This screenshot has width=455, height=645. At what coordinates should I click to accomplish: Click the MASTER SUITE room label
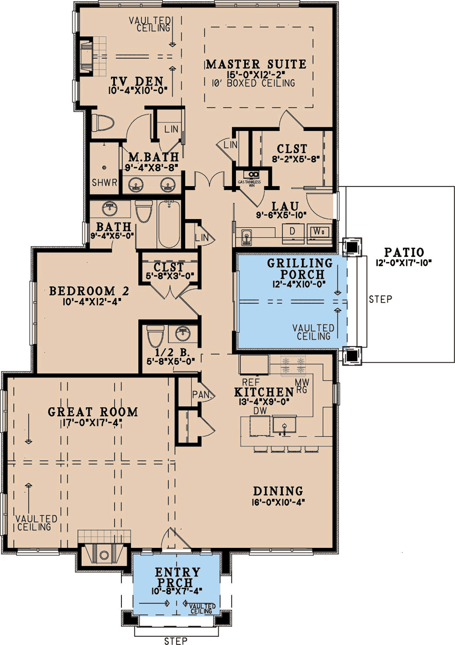(x=256, y=64)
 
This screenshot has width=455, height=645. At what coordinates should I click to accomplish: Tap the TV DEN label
(x=137, y=81)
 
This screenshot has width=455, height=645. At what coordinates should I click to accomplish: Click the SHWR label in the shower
(x=104, y=182)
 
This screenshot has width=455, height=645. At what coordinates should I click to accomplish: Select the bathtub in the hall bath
(x=169, y=224)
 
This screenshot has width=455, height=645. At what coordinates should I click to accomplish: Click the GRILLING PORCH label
(x=300, y=268)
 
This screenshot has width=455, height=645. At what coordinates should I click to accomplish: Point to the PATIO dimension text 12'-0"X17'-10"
(x=403, y=263)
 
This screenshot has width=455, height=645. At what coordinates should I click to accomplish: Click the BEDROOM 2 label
(x=89, y=291)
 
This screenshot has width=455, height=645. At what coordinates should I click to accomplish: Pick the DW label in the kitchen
(x=260, y=411)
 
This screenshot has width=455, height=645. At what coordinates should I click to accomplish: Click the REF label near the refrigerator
(x=251, y=382)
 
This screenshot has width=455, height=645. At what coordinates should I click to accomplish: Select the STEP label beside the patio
(x=380, y=299)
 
